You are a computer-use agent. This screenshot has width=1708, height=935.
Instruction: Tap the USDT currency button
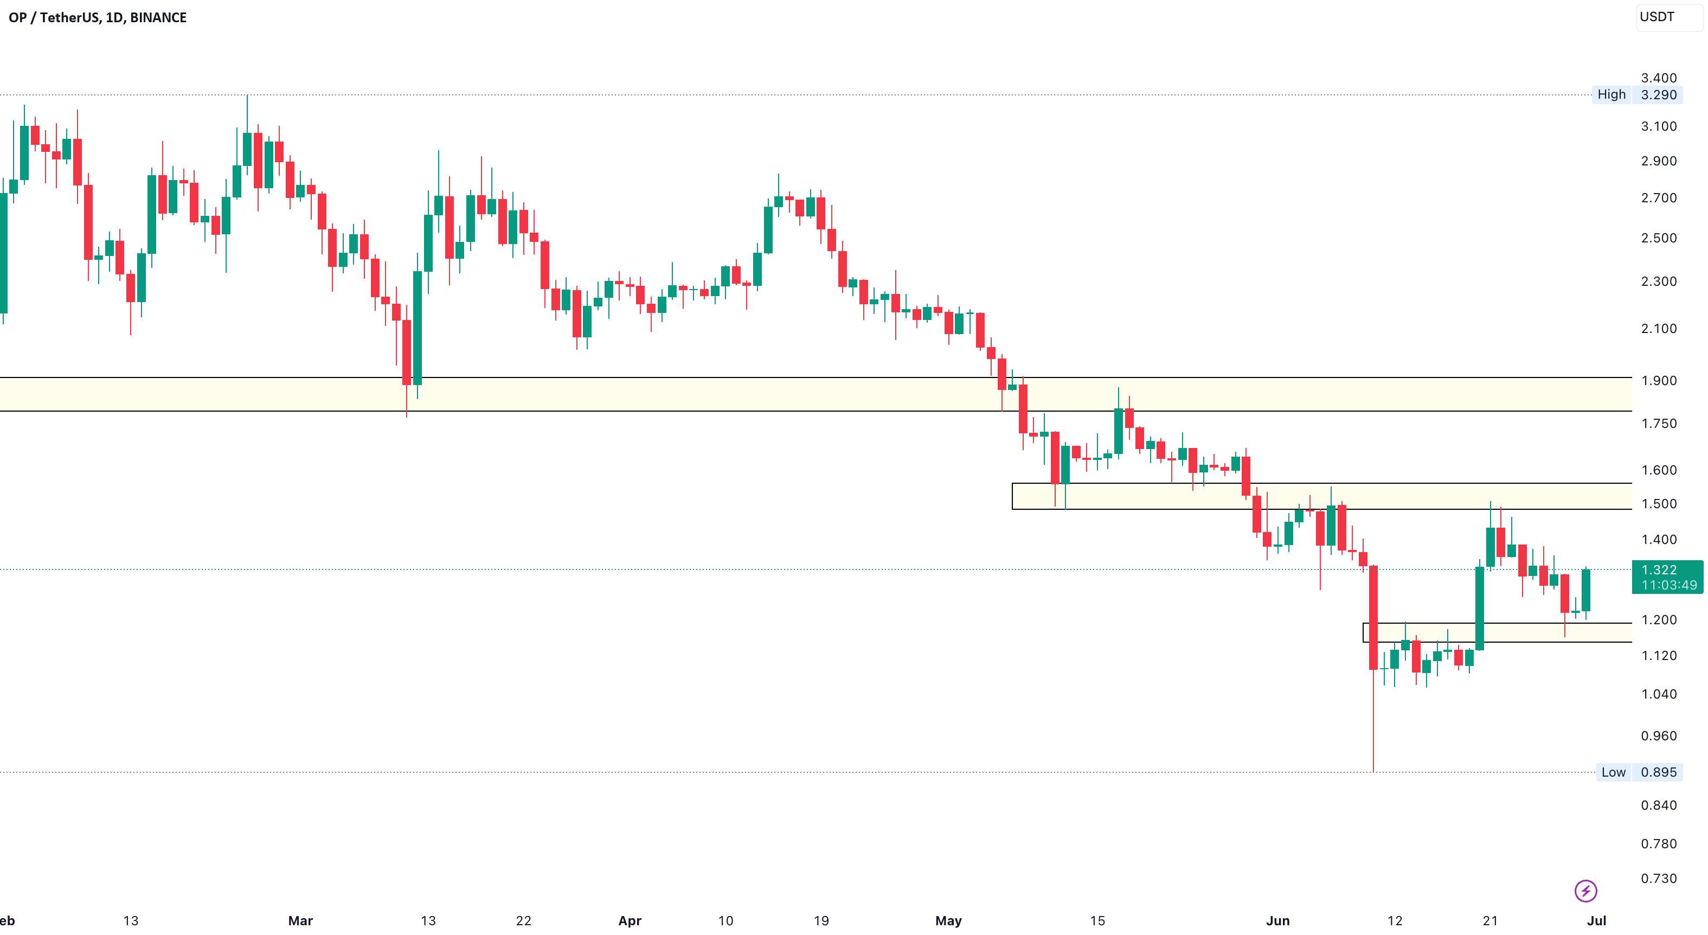click(1657, 17)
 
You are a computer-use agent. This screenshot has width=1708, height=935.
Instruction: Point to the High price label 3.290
click(1658, 95)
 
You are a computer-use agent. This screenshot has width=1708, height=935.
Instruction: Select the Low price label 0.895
click(1658, 772)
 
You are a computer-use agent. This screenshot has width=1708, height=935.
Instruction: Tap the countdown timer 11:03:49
click(1669, 585)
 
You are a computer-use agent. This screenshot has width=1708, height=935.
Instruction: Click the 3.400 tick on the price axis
click(1658, 78)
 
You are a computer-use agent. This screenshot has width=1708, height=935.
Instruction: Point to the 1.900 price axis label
click(1658, 381)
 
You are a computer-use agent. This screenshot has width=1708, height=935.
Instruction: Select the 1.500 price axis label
click(1658, 503)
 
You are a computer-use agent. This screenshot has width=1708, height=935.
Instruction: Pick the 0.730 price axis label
click(1658, 878)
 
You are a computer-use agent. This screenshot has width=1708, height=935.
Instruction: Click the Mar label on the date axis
click(300, 920)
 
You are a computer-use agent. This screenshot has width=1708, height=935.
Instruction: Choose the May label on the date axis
click(948, 920)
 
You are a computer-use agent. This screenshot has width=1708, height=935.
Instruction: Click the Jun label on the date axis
click(1277, 920)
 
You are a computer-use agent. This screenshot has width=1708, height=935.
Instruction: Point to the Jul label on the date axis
click(1597, 920)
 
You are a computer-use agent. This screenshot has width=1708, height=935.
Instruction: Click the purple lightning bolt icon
click(1585, 891)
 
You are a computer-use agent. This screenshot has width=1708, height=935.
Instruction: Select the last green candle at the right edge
click(1586, 590)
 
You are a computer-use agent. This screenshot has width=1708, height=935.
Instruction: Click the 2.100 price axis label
click(1658, 328)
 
